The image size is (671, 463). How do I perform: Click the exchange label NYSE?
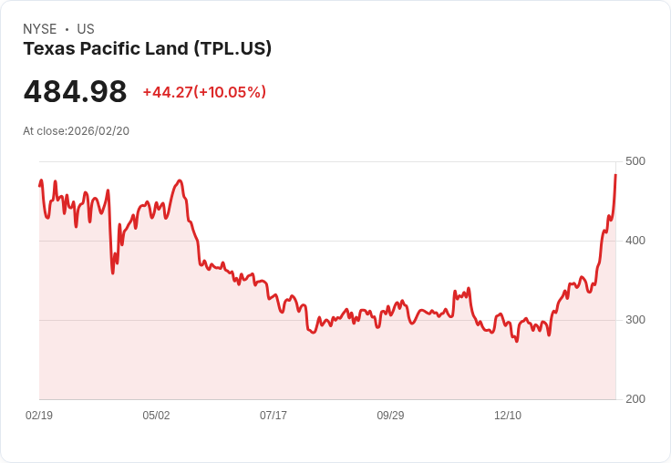[x=40, y=29]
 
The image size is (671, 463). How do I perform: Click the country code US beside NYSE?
[x=86, y=29]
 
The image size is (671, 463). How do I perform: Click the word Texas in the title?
[x=46, y=49]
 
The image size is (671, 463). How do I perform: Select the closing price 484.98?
[x=75, y=92]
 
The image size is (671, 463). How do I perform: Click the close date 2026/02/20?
[x=98, y=131]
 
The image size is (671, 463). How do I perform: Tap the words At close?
[x=45, y=131]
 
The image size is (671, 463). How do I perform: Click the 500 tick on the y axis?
[x=635, y=161]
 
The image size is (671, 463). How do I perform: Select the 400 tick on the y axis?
[x=635, y=241]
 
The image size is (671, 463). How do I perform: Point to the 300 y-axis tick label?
[x=635, y=320]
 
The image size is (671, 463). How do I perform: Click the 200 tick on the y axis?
[x=635, y=399]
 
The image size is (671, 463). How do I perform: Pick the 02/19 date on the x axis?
[x=39, y=416]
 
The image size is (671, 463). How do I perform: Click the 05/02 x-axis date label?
[x=156, y=416]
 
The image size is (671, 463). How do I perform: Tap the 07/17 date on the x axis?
[x=274, y=416]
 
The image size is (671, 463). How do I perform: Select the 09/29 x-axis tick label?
[x=390, y=416]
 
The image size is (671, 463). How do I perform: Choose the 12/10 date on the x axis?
[x=508, y=416]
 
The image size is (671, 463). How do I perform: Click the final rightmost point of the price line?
[x=616, y=174]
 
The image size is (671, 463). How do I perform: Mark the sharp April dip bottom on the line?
[x=113, y=273]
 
